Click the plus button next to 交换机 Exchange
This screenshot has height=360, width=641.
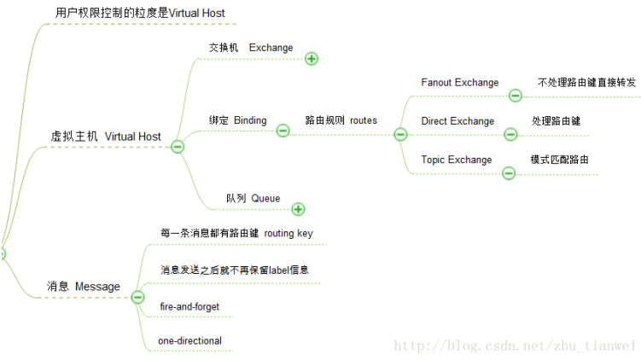(312, 59)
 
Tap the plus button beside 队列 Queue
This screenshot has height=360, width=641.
(298, 209)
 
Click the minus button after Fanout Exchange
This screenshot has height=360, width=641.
(516, 96)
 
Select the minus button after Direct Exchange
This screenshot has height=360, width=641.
(510, 134)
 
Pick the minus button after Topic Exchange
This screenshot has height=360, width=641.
(509, 173)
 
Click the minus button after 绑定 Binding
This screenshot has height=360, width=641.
(283, 131)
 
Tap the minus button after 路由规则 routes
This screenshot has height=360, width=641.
(399, 134)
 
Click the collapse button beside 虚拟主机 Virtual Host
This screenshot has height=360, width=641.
(178, 147)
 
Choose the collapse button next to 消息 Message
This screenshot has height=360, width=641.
(137, 297)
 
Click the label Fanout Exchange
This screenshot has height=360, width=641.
(459, 83)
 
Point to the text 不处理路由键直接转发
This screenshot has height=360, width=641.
(586, 83)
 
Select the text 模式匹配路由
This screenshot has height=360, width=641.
(559, 160)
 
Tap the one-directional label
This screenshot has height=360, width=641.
(189, 341)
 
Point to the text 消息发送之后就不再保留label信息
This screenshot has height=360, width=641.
(234, 270)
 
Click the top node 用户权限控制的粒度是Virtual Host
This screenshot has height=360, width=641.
(139, 14)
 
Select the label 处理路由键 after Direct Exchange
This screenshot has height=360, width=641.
(556, 121)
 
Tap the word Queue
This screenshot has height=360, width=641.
(265, 198)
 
